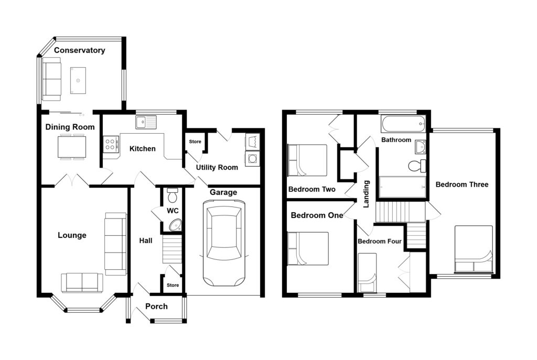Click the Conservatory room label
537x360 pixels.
point(80,50)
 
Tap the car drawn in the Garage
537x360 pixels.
point(224,243)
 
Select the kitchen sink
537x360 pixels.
point(146,122)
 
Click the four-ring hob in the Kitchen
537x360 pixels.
point(111,144)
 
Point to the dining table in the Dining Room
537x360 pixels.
point(72,147)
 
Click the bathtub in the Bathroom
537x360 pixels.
point(403,124)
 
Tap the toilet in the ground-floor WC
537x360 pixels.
point(172,195)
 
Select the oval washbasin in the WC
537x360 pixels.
point(175,225)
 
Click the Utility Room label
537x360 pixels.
point(217,167)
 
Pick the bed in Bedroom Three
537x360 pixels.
point(474,249)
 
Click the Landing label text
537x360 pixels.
point(366,194)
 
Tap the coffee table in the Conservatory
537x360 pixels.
point(78,80)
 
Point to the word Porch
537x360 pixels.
point(156,306)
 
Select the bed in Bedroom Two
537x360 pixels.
point(307,160)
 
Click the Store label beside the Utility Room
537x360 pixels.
point(195,141)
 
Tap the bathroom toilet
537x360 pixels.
point(417,166)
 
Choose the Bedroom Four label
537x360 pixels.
point(380,241)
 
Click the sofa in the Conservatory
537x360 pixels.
point(52,79)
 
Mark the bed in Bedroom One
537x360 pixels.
point(308,249)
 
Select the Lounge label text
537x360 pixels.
point(72,235)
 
